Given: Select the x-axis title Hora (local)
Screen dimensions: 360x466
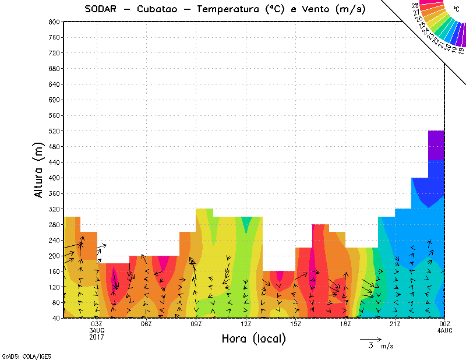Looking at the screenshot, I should (253, 338).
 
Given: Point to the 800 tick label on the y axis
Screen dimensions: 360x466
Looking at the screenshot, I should (54, 22).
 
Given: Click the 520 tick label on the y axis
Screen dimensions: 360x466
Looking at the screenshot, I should (54, 131).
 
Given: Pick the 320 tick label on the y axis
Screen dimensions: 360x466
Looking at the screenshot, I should (54, 209).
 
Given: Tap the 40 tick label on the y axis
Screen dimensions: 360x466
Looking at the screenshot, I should (55, 319).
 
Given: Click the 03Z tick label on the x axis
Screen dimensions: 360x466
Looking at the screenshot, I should (97, 324).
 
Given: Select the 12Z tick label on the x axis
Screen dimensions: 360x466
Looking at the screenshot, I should (246, 324).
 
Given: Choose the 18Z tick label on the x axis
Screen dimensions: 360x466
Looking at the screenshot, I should (345, 324).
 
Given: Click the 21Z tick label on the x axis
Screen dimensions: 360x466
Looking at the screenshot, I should (395, 324).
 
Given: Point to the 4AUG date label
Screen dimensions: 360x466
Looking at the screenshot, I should (445, 331).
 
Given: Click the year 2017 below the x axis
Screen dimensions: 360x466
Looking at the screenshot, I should (97, 337).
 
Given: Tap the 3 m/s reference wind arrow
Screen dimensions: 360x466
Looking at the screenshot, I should (370, 339).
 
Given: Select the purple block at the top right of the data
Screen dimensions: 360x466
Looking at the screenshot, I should (436, 145).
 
